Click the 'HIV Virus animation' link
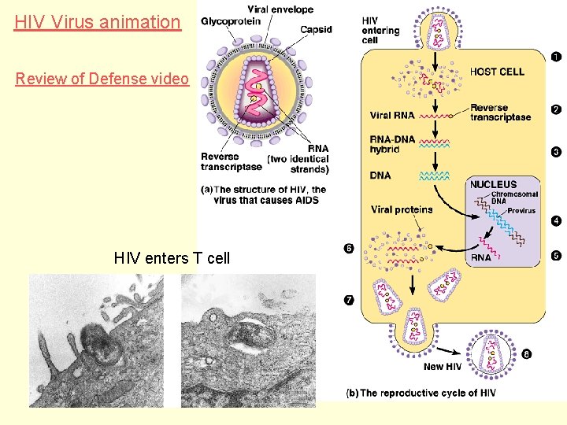coord(98,22)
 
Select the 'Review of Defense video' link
coord(102,79)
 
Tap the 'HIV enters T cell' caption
coord(172,257)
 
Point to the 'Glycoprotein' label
coord(231,21)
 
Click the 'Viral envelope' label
coord(280,9)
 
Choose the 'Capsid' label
coord(316,30)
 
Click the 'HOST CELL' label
coord(497,72)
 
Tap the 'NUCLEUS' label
coord(493,184)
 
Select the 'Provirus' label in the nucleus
coord(521,211)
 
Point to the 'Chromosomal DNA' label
coord(514,198)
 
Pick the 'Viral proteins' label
coord(402,209)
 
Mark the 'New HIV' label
coord(443,367)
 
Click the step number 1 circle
coord(556,57)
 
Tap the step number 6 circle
coord(349,249)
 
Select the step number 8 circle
coord(526,354)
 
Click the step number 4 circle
coord(556,221)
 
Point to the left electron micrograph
coord(96,340)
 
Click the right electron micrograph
coord(248,340)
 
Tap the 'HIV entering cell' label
coord(380,31)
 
